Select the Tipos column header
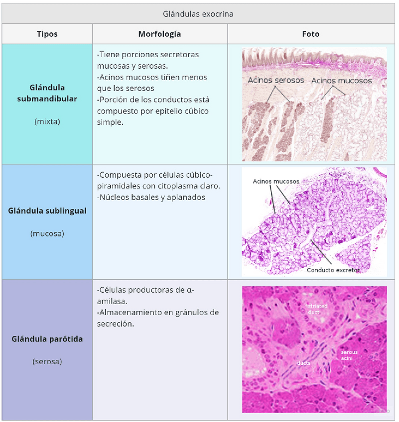coord(47,34)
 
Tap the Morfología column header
coord(159,34)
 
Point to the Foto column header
coord(311,34)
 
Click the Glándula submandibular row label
coord(47,93)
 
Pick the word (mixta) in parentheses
coord(47,121)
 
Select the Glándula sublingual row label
coord(47,211)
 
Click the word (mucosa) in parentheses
coord(47,233)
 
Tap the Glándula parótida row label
coord(47,339)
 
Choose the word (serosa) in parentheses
coord(47,361)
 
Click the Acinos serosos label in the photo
coord(276,80)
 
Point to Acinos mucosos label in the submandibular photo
coord(342,80)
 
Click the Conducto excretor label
coord(333,270)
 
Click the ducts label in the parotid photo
coord(303,363)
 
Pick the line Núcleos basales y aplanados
coord(151,197)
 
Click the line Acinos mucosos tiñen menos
coord(152,77)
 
